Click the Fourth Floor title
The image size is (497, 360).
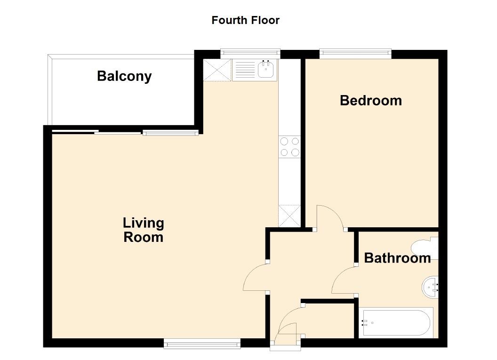tap(245, 20)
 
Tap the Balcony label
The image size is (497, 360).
tap(124, 76)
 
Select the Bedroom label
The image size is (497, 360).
tap(371, 100)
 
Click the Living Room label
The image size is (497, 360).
tap(143, 230)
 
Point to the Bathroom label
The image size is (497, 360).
tap(397, 258)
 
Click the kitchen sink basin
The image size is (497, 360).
tap(267, 70)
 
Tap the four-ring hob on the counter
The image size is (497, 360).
tap(289, 146)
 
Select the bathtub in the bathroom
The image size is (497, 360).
tap(396, 322)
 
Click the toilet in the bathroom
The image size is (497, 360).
tap(425, 248)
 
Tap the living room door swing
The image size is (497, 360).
tap(256, 278)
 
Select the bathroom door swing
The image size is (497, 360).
tap(344, 280)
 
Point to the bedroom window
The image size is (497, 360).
tap(355, 54)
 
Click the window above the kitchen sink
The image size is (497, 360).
tap(250, 54)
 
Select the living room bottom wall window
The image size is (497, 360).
tap(202, 344)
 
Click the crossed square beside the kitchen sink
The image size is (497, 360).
tap(217, 70)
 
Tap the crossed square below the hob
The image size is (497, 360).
tap(289, 216)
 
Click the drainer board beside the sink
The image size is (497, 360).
tap(244, 70)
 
